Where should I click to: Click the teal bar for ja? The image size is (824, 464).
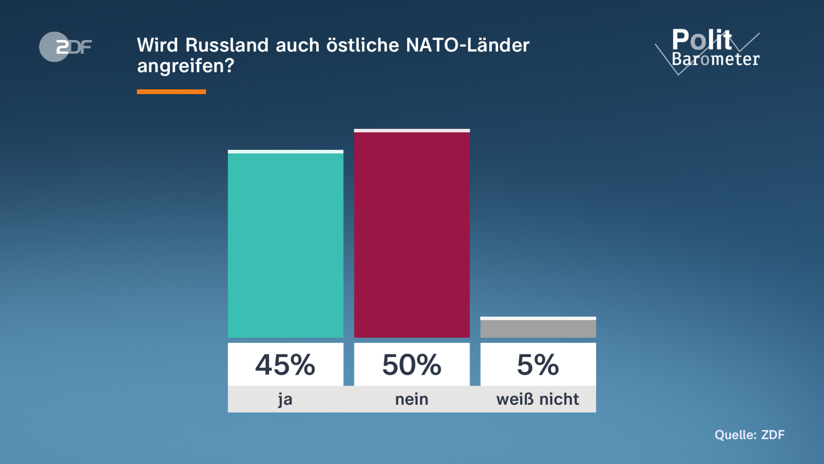[x=285, y=245]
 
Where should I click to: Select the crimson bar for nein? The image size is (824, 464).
[x=412, y=234]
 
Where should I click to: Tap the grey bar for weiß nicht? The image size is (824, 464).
[x=538, y=329]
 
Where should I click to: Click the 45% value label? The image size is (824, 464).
[x=285, y=365]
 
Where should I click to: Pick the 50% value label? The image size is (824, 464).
[x=412, y=365]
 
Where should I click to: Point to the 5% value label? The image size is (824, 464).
[x=538, y=365]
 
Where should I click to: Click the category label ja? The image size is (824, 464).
[x=285, y=399]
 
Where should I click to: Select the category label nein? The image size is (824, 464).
[x=412, y=399]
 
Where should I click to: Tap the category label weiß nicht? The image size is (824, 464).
[x=538, y=399]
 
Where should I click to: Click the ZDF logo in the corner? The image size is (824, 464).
[x=65, y=47]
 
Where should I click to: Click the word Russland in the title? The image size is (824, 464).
[x=227, y=45]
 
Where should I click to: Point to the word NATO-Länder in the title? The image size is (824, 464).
[x=468, y=45]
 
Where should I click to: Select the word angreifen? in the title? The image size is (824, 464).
[x=185, y=66]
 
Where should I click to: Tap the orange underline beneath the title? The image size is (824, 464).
[x=171, y=92]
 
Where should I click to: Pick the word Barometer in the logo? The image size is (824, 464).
[x=716, y=59]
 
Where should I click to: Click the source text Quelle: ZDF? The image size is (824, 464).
[x=749, y=435]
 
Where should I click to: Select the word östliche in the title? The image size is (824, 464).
[x=363, y=45]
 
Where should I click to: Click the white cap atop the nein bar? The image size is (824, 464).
[x=412, y=131]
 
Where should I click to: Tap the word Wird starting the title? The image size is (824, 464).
[x=157, y=45]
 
